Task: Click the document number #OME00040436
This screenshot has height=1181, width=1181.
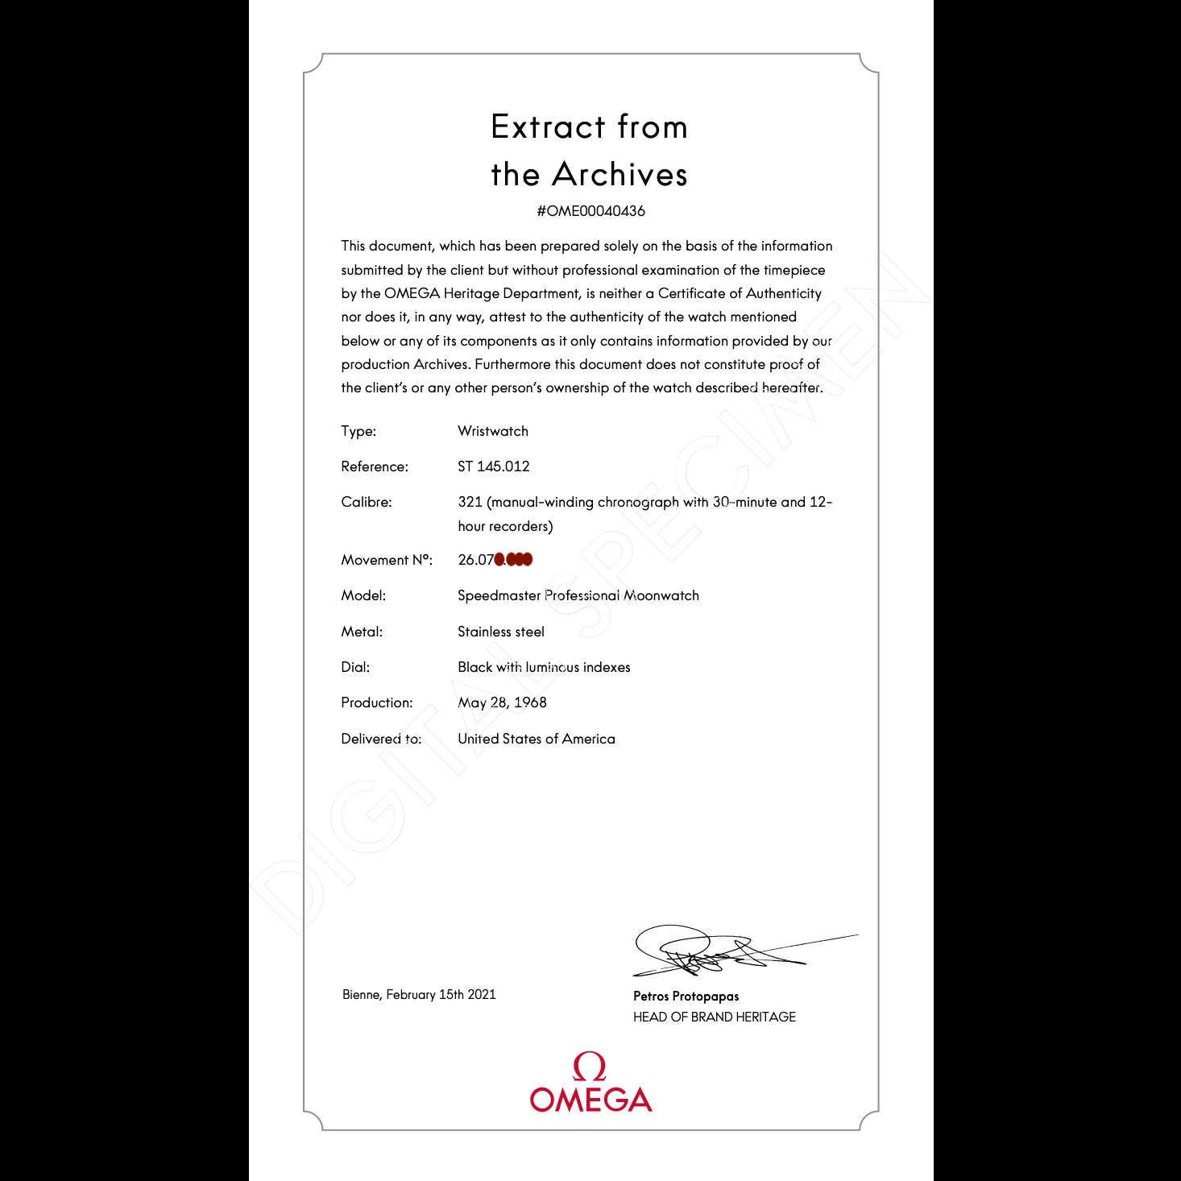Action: click(x=590, y=211)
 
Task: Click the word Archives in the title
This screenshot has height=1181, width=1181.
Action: click(x=620, y=175)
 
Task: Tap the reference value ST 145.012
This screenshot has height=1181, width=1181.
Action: click(x=493, y=466)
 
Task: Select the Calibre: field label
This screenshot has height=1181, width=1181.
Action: click(x=366, y=502)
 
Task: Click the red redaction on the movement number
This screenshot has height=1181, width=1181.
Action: click(x=513, y=559)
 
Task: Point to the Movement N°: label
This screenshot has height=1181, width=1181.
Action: click(x=386, y=560)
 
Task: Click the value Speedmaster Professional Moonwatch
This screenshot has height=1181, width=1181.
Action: click(x=578, y=595)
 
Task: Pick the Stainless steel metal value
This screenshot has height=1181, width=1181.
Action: click(x=500, y=632)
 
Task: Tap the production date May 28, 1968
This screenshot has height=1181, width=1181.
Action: click(x=502, y=702)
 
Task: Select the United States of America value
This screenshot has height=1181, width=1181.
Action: click(x=536, y=739)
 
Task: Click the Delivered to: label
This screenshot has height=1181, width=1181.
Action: click(x=380, y=739)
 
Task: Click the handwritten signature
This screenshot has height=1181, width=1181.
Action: click(x=709, y=951)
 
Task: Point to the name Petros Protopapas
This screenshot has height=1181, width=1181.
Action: click(x=686, y=997)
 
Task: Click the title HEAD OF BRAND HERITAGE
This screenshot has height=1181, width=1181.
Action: click(x=714, y=1017)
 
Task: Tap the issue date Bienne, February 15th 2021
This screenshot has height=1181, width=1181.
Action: click(x=419, y=995)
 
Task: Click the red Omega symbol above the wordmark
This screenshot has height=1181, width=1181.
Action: click(x=590, y=1067)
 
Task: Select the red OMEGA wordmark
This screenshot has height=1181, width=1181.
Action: click(x=590, y=1100)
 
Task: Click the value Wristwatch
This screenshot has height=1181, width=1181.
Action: click(x=492, y=431)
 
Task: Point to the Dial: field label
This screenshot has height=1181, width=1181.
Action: click(x=355, y=667)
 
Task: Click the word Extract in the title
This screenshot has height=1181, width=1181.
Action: click(x=548, y=127)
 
